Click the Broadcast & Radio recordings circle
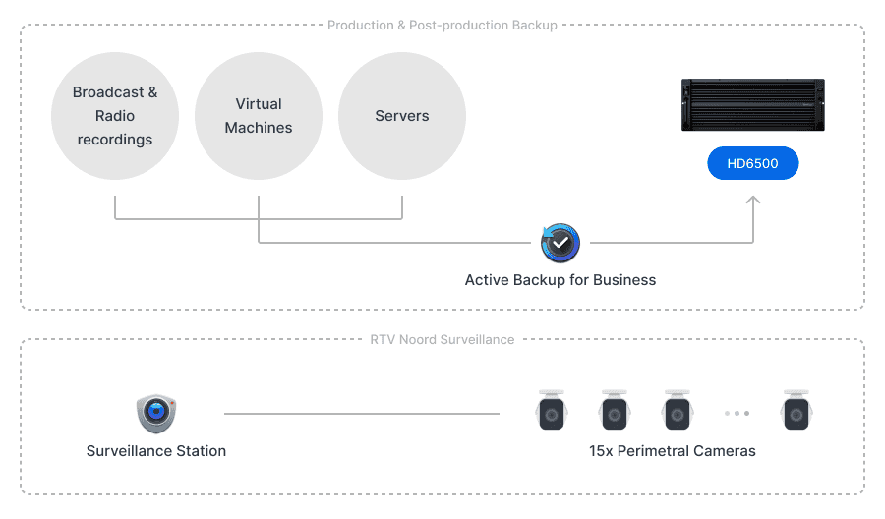(115, 116)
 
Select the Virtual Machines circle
(259, 116)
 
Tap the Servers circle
(402, 116)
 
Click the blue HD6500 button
(753, 163)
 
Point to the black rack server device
(753, 105)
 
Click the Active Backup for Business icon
(560, 243)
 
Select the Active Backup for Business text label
(560, 280)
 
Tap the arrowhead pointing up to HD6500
(753, 200)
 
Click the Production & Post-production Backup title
(442, 26)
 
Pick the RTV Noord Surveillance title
(442, 339)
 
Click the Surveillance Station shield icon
(156, 414)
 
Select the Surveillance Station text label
(156, 451)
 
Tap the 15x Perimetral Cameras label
(673, 451)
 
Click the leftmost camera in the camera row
(552, 410)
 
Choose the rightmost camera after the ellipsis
(796, 410)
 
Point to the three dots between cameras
(737, 414)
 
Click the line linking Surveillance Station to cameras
(362, 414)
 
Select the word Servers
(402, 116)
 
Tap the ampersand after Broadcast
(152, 92)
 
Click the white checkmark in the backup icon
(560, 243)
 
